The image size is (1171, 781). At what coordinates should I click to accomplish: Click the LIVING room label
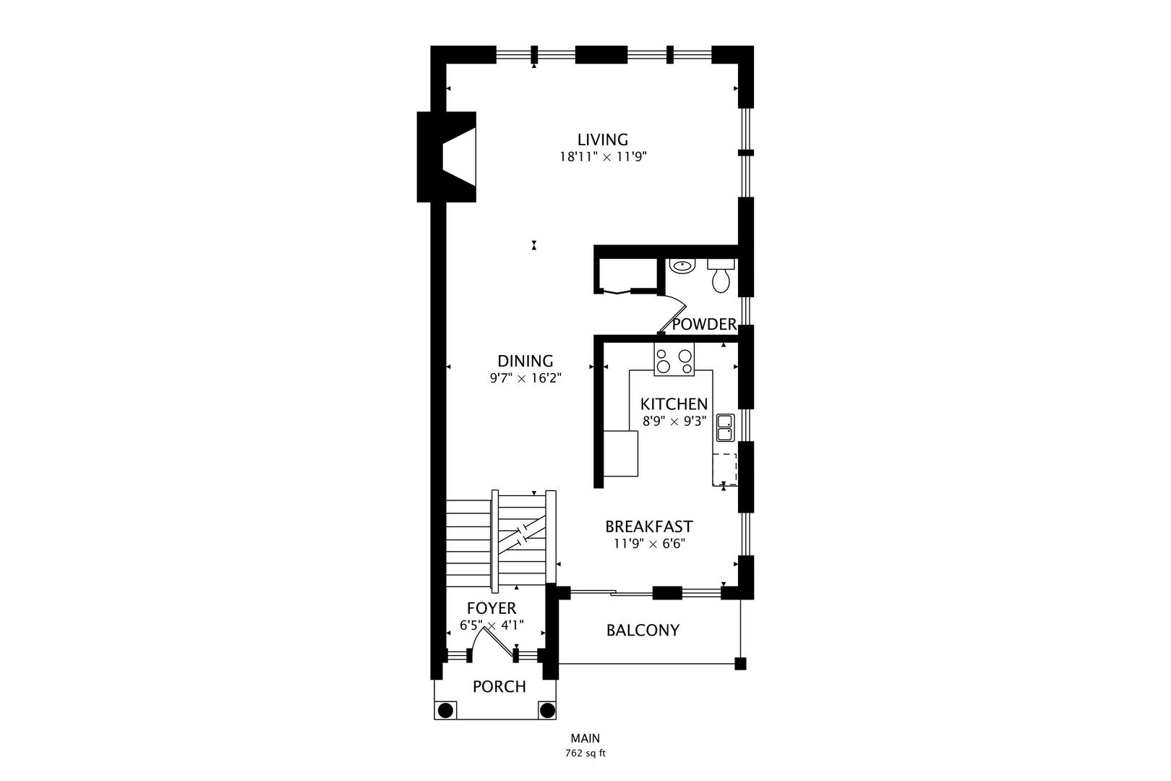point(603,140)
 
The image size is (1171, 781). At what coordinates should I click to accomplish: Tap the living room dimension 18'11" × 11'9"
point(604,156)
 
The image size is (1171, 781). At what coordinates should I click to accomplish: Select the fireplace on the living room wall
point(447,156)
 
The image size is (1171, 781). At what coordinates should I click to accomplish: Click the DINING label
point(526,361)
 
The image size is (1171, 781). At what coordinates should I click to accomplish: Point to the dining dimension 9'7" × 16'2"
point(526,378)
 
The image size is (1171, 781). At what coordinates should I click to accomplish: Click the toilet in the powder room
point(721,276)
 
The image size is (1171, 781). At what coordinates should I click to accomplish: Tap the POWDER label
point(704,324)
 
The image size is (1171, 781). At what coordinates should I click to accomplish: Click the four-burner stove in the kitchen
point(674,359)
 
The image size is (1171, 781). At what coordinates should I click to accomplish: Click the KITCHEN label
point(674,404)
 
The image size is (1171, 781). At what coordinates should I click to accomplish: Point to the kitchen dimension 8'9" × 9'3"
point(674,421)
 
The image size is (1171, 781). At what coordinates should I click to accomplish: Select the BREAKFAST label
point(649,526)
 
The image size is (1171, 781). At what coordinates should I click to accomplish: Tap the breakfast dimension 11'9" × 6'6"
point(649,544)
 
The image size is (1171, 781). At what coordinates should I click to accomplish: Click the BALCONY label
point(643,631)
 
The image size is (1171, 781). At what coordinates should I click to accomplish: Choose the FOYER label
point(492,608)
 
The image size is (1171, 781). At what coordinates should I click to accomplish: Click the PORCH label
point(499,686)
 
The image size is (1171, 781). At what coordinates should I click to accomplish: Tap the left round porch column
point(445,710)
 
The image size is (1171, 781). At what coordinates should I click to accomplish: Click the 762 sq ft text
point(585,754)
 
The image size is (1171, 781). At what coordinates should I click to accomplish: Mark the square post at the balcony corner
point(740,664)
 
